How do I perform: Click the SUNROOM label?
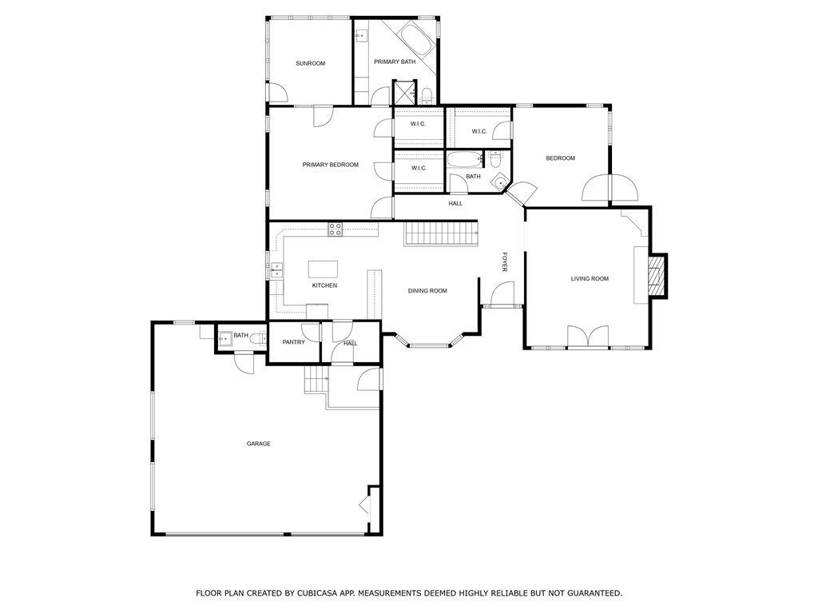point(310,63)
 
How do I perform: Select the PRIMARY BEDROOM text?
point(330,165)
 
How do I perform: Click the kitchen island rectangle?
point(323,268)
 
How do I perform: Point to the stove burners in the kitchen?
point(336,229)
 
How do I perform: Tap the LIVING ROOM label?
point(590,279)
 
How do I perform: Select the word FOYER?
point(504,262)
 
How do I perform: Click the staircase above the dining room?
point(439,234)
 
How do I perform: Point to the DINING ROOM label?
point(427,291)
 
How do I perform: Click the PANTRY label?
point(293,342)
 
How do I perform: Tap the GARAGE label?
point(258,444)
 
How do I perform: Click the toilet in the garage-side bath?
point(258,339)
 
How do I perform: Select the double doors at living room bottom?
point(587,337)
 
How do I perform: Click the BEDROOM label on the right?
point(560,158)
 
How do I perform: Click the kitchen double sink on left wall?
point(276,269)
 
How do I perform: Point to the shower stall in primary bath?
point(403,92)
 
